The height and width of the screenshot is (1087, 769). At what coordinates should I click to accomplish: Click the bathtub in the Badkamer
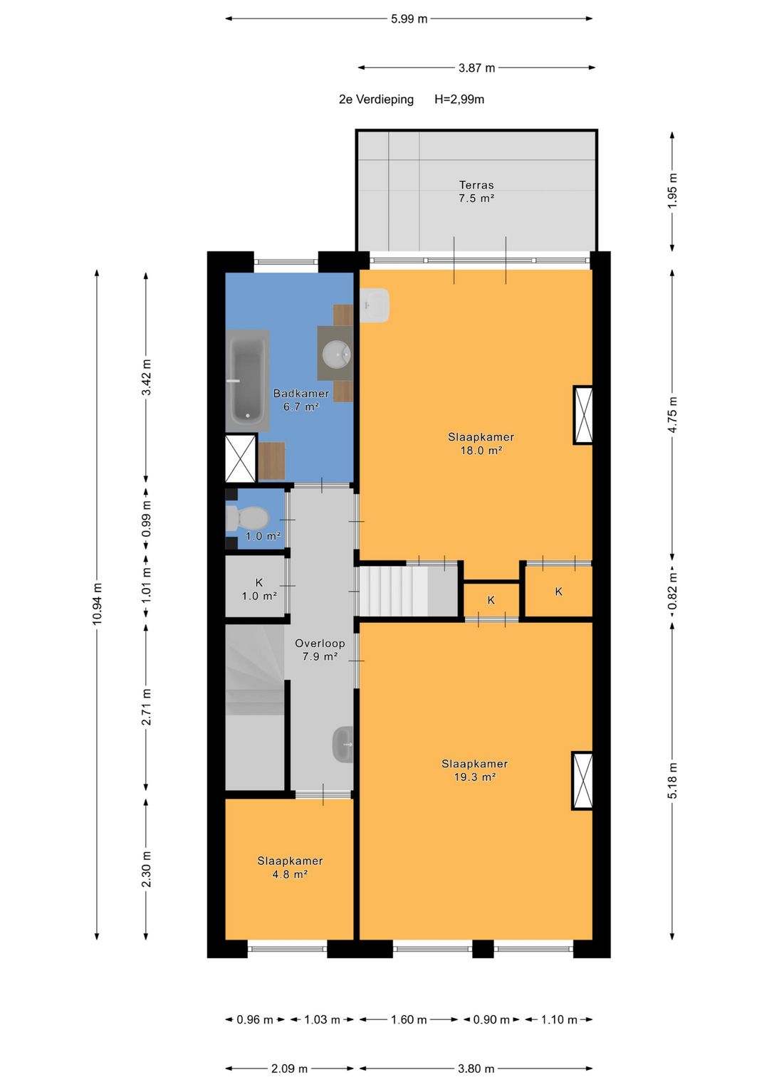(x=248, y=380)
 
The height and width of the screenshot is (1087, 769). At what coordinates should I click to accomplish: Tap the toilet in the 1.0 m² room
(x=247, y=518)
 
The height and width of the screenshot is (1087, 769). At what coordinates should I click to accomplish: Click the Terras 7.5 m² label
(x=476, y=191)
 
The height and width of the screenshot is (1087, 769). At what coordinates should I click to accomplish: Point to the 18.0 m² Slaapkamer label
(x=481, y=443)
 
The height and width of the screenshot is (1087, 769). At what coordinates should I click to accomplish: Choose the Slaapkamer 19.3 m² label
(x=474, y=770)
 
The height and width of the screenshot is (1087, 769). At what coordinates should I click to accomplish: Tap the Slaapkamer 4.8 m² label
(x=290, y=868)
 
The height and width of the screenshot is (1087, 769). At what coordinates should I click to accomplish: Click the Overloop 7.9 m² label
(x=320, y=650)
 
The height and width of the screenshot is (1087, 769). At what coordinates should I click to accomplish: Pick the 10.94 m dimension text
(x=98, y=604)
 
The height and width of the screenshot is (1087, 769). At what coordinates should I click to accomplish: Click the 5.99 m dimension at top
(x=409, y=19)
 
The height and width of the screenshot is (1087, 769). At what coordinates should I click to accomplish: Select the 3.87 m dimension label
(x=477, y=68)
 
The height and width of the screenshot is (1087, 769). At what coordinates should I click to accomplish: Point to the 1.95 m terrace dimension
(x=673, y=191)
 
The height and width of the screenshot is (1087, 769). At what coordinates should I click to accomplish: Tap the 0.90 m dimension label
(x=491, y=1019)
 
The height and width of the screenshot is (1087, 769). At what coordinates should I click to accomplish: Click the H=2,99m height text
(x=459, y=100)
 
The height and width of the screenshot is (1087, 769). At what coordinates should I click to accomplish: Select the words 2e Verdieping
(x=376, y=100)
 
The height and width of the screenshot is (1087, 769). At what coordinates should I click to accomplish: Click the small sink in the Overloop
(x=342, y=745)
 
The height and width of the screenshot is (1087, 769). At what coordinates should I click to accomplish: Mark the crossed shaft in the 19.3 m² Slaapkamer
(x=582, y=781)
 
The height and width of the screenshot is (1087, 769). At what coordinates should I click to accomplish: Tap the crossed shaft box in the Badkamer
(x=241, y=458)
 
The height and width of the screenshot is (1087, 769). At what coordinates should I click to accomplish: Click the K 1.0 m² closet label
(x=259, y=589)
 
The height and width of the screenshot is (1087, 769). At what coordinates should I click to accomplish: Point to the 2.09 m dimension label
(x=289, y=1068)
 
